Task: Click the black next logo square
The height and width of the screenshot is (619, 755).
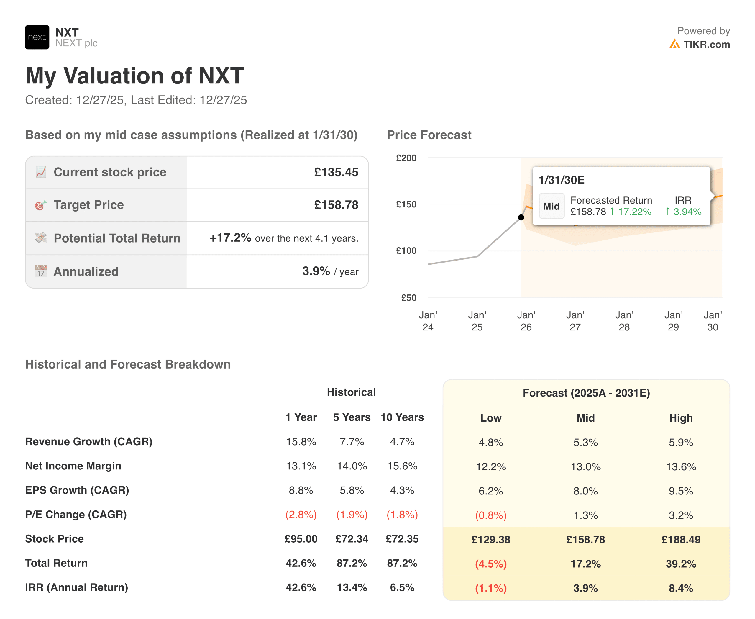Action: point(37,37)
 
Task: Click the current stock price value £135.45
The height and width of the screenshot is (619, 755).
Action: point(336,172)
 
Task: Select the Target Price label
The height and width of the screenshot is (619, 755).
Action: point(88,205)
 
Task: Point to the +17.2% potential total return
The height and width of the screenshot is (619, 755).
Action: point(230,238)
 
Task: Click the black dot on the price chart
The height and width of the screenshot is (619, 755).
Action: point(521,217)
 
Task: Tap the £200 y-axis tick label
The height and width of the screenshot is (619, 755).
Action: point(406,158)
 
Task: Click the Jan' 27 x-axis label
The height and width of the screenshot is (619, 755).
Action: point(575,321)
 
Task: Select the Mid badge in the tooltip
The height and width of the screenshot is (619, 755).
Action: point(551,206)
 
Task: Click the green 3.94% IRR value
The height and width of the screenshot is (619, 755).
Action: point(687,212)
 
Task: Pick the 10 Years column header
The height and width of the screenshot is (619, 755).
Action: point(402,417)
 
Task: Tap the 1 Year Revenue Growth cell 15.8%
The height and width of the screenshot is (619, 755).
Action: point(301,442)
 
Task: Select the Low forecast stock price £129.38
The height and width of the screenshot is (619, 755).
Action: point(490,539)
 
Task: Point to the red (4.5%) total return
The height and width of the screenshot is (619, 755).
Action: point(490,564)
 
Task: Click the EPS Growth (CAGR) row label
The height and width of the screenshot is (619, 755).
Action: point(77,490)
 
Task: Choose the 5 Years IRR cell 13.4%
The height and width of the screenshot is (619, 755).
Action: point(352,588)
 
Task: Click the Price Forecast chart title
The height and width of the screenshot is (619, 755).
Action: point(429,135)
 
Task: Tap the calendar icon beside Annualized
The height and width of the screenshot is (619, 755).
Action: point(41,271)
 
